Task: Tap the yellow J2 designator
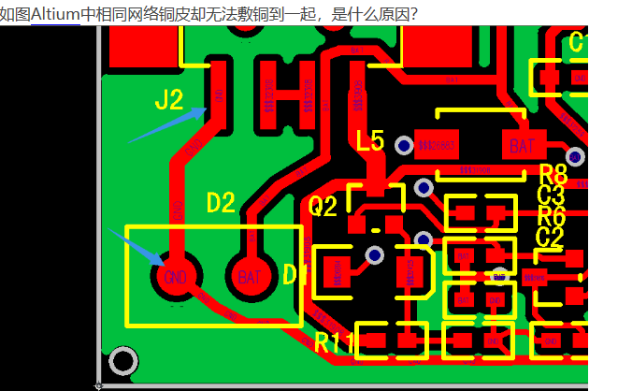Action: point(169,100)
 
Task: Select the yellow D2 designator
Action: point(222,202)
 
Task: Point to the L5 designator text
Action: point(370,141)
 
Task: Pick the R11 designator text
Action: point(333,342)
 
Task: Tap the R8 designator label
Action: point(553,174)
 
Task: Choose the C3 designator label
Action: point(551,195)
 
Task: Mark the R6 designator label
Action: point(552,215)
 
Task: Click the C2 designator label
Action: point(550,237)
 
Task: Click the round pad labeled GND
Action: point(174,277)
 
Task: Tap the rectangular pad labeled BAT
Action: point(520,145)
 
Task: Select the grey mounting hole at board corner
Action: point(122,360)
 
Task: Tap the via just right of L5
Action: point(404,146)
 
